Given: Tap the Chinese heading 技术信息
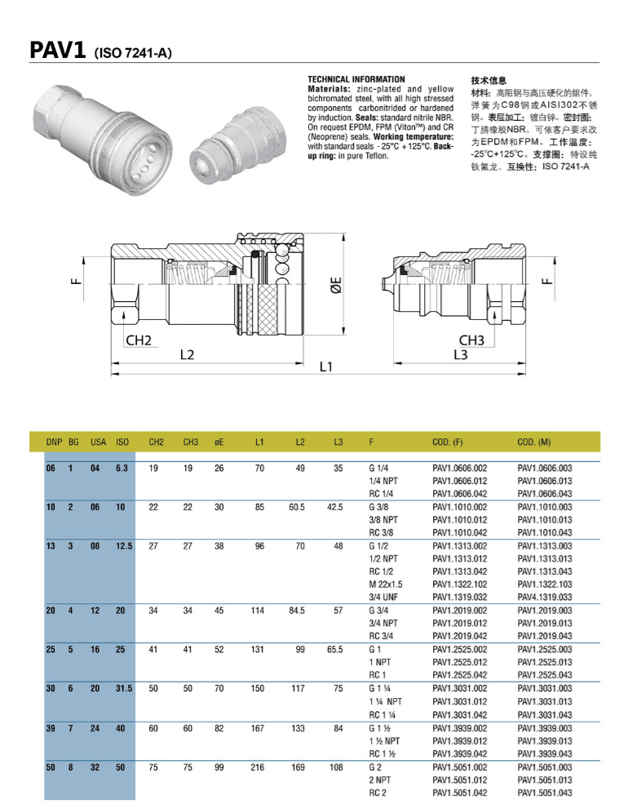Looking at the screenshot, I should (x=488, y=80).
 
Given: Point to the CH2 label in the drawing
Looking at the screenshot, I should (x=139, y=340).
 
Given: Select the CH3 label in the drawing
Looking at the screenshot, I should (x=471, y=340).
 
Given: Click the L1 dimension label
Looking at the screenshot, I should (x=326, y=367).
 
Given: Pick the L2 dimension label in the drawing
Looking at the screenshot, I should (x=187, y=354).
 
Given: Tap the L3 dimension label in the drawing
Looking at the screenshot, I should (x=460, y=354).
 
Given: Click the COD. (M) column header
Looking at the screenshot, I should (x=533, y=442).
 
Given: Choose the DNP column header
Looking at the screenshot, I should (x=54, y=442).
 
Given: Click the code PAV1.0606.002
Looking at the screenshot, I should (x=459, y=469).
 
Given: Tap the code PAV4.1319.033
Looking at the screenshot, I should (x=545, y=598).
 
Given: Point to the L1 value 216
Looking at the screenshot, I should (x=259, y=767).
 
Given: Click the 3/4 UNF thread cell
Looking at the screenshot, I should (x=383, y=598).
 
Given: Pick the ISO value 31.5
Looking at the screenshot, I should (x=123, y=688).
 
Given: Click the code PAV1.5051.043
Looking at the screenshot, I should (x=545, y=793).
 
